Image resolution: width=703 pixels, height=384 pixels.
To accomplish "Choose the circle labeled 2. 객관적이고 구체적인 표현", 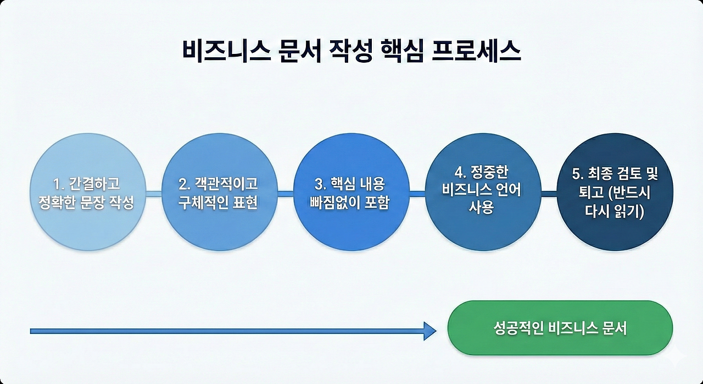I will pos(219,193).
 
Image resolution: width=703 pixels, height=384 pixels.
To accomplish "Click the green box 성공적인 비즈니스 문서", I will pos(560,329).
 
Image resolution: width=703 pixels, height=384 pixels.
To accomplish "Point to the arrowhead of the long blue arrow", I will pos(429,331).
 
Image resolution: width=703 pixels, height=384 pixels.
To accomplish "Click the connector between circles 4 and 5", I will pos(548,193).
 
